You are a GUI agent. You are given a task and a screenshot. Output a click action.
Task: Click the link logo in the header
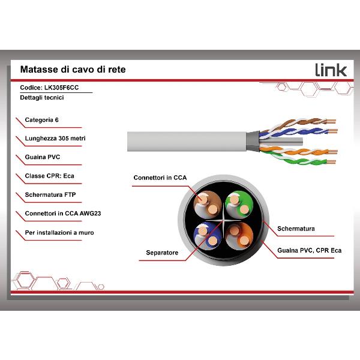click(331, 70)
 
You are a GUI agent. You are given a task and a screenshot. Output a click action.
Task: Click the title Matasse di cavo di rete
click(73, 70)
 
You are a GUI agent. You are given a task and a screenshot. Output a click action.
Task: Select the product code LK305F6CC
click(62, 88)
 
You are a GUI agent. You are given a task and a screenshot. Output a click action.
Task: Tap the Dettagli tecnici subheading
click(42, 98)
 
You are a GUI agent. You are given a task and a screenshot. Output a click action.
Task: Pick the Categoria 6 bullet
click(42, 120)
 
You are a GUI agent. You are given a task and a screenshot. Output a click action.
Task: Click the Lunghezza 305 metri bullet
click(55, 139)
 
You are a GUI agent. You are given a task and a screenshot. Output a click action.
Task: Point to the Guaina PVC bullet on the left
click(43, 157)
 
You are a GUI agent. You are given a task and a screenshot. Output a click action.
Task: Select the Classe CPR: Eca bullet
click(50, 176)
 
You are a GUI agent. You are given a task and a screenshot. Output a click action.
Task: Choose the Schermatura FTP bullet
click(50, 194)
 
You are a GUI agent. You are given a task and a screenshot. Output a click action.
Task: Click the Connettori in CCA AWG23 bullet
click(63, 214)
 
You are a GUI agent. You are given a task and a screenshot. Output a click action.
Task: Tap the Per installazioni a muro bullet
click(59, 233)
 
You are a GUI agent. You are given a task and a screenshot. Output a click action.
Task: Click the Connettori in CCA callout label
click(160, 178)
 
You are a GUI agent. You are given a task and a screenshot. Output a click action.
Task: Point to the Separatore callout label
click(162, 253)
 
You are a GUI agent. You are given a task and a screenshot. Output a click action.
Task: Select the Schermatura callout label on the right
click(296, 229)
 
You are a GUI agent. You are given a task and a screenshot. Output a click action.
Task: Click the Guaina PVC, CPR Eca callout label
click(309, 250)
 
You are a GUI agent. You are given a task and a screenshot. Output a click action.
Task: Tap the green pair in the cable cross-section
click(239, 204)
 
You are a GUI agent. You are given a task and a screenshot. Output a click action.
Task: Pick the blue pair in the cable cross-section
click(208, 236)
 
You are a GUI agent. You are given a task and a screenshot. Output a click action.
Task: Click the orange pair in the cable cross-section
click(239, 236)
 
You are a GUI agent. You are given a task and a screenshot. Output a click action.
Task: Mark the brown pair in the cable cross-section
click(208, 204)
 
